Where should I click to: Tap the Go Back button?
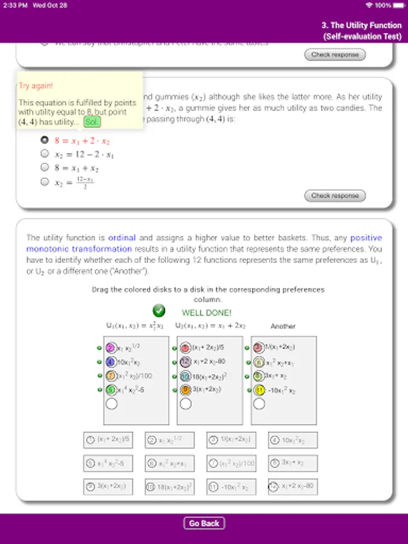coord(204,523)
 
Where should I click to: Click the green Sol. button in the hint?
coord(92,121)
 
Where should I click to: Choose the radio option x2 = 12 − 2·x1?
coord(44,154)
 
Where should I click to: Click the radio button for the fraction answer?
coord(44,182)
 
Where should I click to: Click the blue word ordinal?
coord(122,238)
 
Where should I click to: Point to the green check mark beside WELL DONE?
coord(159,311)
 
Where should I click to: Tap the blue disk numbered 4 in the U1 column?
coord(111,362)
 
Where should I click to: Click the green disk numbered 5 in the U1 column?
coord(111,390)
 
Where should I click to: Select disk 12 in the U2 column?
coord(186,362)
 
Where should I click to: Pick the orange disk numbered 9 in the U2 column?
coord(186,390)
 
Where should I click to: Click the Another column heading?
coord(283,326)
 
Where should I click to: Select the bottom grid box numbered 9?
coord(108,487)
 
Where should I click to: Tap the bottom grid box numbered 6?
coord(169,464)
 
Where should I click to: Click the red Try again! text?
coord(36,86)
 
